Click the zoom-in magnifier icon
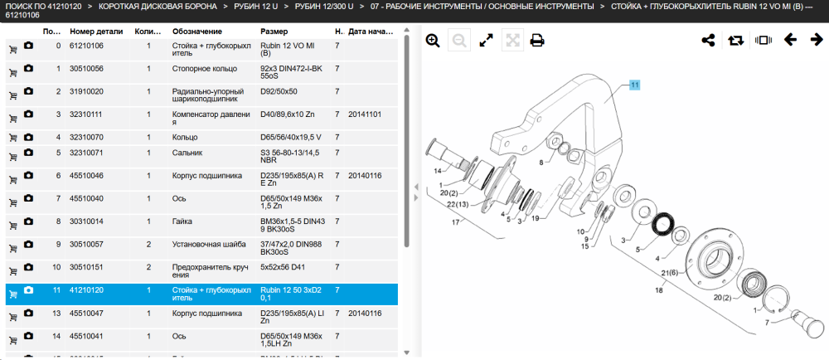(433, 41)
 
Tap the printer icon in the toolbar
(537, 41)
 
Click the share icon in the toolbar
(708, 40)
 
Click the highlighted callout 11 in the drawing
(634, 85)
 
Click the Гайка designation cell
(182, 221)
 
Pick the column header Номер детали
(96, 32)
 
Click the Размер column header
(274, 32)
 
